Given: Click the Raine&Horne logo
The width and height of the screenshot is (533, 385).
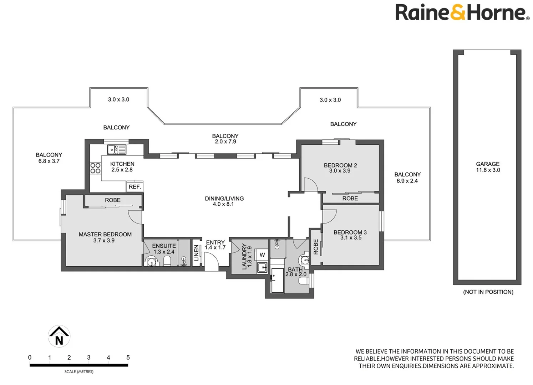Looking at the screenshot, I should click(462, 12).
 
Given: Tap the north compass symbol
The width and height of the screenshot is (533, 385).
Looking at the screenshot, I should click(59, 336).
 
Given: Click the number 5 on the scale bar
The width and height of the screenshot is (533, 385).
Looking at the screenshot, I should click(128, 358).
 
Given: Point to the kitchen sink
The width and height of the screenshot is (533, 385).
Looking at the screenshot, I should click(116, 150).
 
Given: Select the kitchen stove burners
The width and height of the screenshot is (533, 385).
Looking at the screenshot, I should click(95, 168).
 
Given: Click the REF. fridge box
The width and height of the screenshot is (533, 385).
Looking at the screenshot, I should click(135, 187).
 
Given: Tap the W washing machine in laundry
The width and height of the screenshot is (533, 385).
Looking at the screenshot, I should click(262, 255).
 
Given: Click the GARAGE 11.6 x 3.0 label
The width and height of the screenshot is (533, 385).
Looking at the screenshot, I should click(488, 167).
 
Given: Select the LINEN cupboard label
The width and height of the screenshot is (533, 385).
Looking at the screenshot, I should click(196, 253).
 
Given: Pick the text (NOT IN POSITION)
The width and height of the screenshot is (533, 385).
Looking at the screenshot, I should click(488, 292).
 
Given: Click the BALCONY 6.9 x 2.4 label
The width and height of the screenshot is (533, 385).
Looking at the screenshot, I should click(407, 178).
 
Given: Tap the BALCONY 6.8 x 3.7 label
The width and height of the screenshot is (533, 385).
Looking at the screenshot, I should click(49, 158).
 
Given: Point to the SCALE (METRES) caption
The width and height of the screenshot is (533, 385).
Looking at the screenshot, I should click(79, 371).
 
